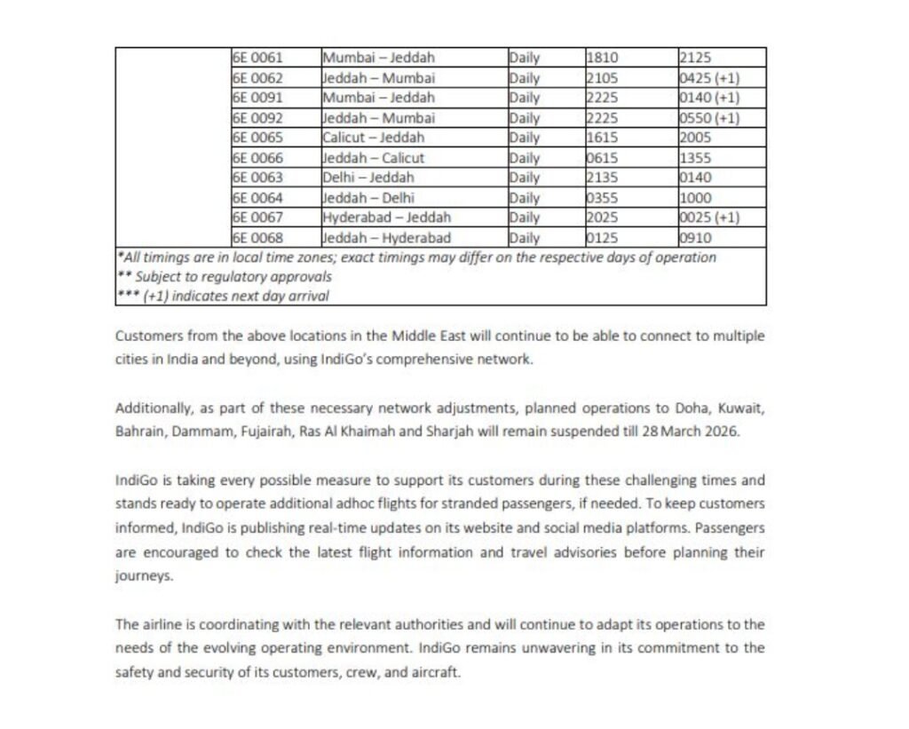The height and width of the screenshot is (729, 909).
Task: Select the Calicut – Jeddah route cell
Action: tap(373, 138)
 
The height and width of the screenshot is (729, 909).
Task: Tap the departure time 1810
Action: tap(603, 58)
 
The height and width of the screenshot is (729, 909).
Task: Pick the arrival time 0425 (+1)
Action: tap(708, 77)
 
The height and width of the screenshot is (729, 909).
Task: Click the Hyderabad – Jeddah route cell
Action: tap(386, 217)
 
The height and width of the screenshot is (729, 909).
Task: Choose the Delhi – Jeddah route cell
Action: tap(368, 178)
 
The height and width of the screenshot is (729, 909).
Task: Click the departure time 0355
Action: tap(603, 197)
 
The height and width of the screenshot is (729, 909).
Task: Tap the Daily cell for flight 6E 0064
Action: tap(525, 197)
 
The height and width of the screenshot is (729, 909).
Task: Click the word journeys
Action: tap(143, 574)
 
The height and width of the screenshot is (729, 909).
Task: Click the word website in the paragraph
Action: tap(423, 527)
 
